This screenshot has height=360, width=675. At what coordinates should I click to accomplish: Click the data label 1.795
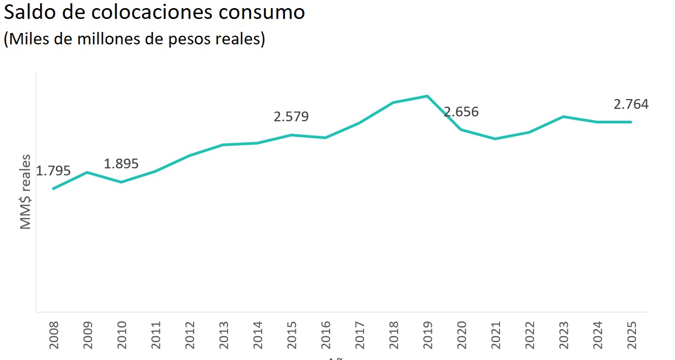click(53, 171)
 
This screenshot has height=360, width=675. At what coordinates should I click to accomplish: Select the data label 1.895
click(121, 163)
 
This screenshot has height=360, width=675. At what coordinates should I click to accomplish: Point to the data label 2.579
click(291, 116)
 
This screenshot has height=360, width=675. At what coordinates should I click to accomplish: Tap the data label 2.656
click(462, 112)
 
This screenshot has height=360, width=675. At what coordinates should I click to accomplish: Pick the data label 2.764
click(631, 104)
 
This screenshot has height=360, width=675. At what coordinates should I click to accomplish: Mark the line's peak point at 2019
click(427, 96)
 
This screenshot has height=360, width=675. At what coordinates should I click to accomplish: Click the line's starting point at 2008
click(53, 188)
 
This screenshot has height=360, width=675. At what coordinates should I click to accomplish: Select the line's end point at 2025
click(631, 122)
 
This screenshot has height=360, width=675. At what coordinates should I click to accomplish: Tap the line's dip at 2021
click(495, 139)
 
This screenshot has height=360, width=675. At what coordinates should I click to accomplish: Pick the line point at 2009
click(87, 172)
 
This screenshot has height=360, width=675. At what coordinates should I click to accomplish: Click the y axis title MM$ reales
click(26, 192)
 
